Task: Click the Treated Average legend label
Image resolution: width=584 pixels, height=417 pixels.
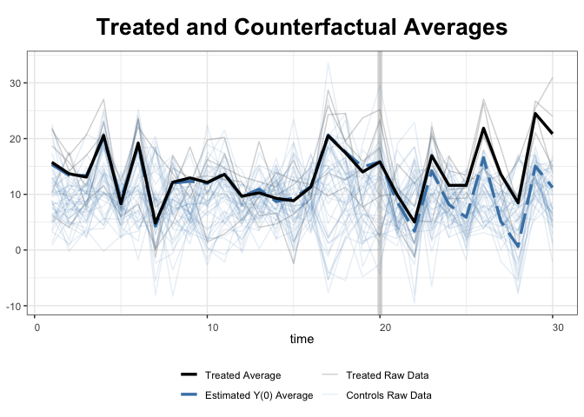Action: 242,376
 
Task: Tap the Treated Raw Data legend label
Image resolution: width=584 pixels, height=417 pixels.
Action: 387,376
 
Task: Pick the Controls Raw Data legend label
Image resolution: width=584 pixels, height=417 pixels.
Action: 388,395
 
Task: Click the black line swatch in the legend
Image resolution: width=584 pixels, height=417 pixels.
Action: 189,376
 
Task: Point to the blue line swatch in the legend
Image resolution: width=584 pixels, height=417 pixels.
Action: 189,395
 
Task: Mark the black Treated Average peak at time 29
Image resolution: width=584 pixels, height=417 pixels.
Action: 536,114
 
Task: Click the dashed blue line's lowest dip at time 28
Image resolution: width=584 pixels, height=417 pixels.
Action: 519,247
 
